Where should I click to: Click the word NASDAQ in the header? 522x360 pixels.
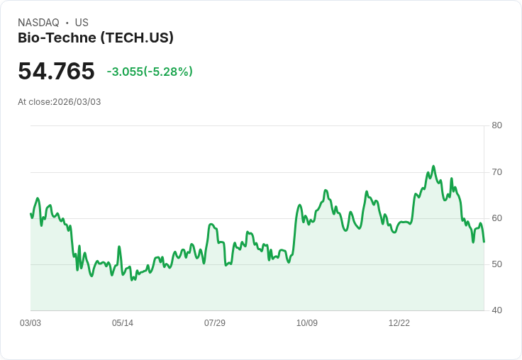click(38, 23)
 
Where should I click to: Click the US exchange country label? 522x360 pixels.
click(82, 23)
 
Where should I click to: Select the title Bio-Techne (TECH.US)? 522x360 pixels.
click(96, 38)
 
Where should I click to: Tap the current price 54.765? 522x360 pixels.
click(56, 72)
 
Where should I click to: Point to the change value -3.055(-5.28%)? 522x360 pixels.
click(150, 72)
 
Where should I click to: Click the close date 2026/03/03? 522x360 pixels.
click(77, 102)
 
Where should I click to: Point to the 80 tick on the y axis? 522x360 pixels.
click(496, 125)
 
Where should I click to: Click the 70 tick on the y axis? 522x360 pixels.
click(496, 172)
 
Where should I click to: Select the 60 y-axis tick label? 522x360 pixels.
click(496, 218)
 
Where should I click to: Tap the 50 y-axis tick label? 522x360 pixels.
click(496, 264)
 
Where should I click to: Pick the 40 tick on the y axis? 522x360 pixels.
click(496, 310)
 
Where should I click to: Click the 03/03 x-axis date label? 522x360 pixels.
click(30, 323)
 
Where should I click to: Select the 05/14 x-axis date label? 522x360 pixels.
click(123, 323)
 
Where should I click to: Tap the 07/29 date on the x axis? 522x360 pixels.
click(215, 323)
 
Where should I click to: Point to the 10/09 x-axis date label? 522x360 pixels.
click(307, 323)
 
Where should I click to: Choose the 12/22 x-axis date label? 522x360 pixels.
click(399, 323)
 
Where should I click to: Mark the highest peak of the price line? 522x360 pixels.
click(433, 167)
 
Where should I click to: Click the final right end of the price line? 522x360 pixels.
click(484, 242)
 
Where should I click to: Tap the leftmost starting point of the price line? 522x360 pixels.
click(30, 213)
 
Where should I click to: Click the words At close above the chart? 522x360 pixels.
click(34, 102)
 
